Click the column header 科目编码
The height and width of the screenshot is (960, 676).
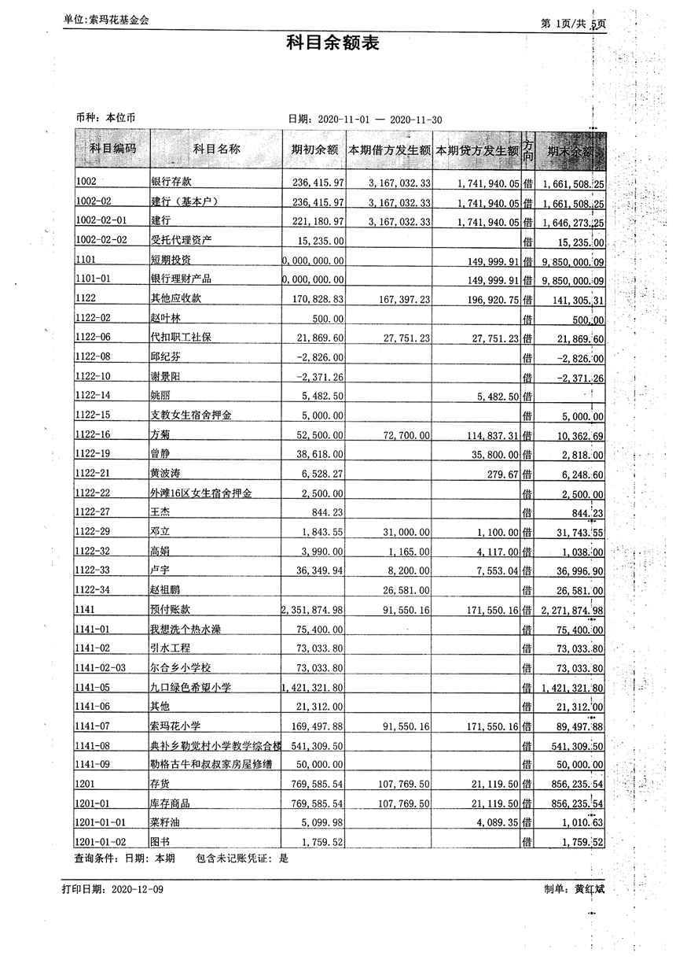(x=112, y=149)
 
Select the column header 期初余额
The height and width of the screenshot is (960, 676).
(x=314, y=150)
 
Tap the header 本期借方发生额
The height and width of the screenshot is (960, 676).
(x=390, y=150)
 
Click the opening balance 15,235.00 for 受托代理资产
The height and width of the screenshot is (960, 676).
(x=318, y=240)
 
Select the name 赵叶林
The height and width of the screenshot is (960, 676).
(x=165, y=319)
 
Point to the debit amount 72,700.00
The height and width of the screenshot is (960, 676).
(x=405, y=435)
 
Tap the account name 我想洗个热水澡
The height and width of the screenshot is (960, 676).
(x=192, y=630)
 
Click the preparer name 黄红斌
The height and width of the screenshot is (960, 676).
(x=590, y=889)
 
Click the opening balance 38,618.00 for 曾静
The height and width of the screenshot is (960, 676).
(x=318, y=455)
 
